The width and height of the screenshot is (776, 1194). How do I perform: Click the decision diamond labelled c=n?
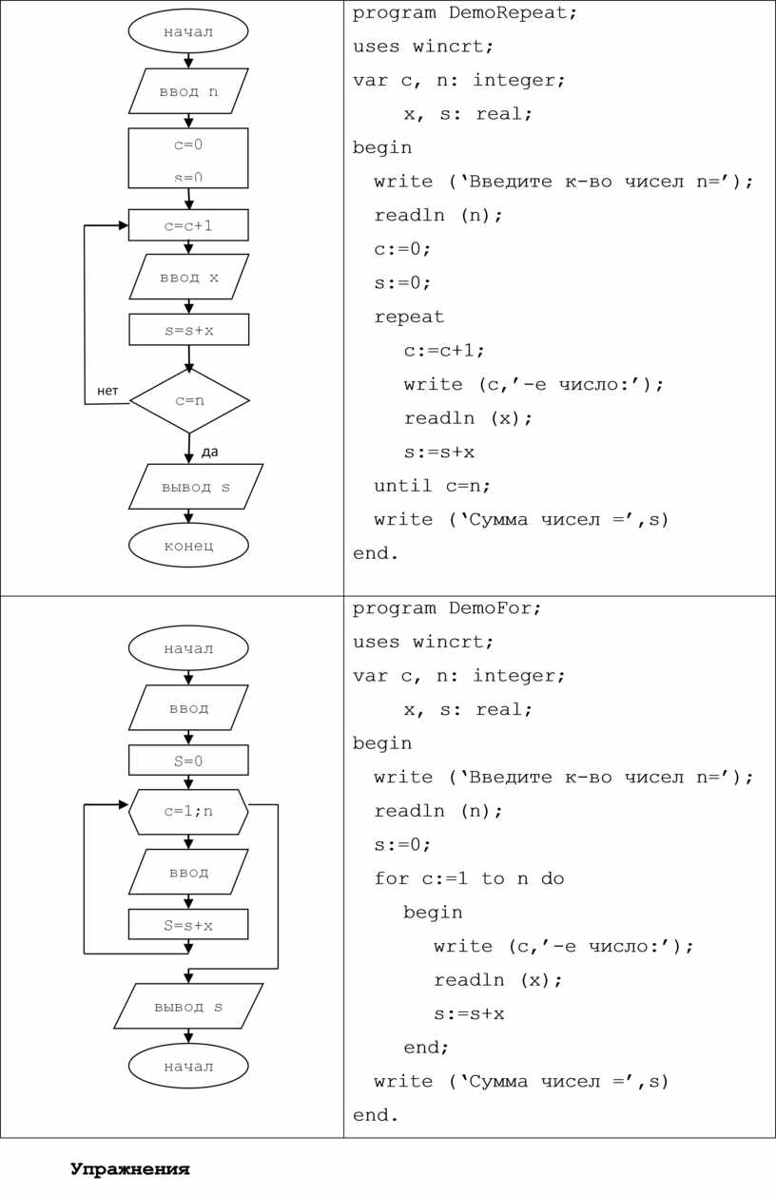[x=189, y=400]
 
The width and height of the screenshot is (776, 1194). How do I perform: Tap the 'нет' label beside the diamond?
[x=107, y=391]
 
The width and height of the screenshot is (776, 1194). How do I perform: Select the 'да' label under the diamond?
[x=209, y=452]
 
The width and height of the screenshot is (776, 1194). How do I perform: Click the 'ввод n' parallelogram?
[x=188, y=91]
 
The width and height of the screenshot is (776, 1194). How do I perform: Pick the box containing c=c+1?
[x=188, y=225]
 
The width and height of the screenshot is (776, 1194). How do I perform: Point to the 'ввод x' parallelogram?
[x=188, y=277]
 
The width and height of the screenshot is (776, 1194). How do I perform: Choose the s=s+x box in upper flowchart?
[x=188, y=330]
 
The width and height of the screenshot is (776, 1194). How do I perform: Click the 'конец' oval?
[x=188, y=545]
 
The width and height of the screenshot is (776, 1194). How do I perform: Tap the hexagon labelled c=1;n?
[x=188, y=812]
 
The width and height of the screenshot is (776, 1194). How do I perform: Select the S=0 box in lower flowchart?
[x=188, y=761]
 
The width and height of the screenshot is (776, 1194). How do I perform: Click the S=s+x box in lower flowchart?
[x=188, y=924]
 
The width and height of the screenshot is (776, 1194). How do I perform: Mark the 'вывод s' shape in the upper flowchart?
[x=195, y=487]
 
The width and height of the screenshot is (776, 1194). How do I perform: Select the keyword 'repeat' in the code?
[x=409, y=317]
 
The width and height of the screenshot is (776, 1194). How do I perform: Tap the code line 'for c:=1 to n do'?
[x=469, y=878]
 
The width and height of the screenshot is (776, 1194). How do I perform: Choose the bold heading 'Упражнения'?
[x=129, y=1169]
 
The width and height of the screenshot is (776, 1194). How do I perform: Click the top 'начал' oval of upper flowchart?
[x=188, y=31]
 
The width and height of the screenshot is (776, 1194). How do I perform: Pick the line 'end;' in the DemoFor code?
[x=426, y=1048]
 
